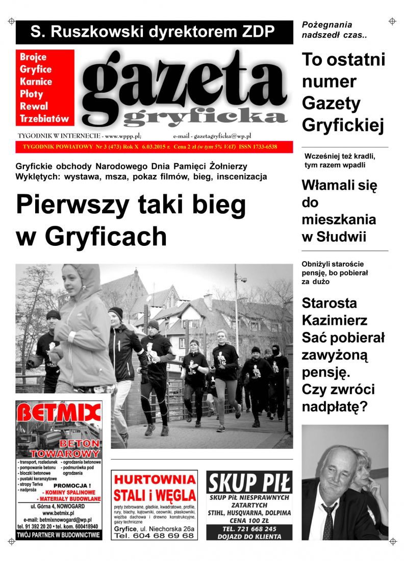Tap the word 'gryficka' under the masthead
(x=205, y=117)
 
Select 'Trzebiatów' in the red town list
(x=44, y=118)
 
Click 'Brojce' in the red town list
(x=33, y=57)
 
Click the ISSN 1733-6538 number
(x=260, y=147)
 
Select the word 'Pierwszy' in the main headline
(x=71, y=205)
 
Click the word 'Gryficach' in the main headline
(x=106, y=236)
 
